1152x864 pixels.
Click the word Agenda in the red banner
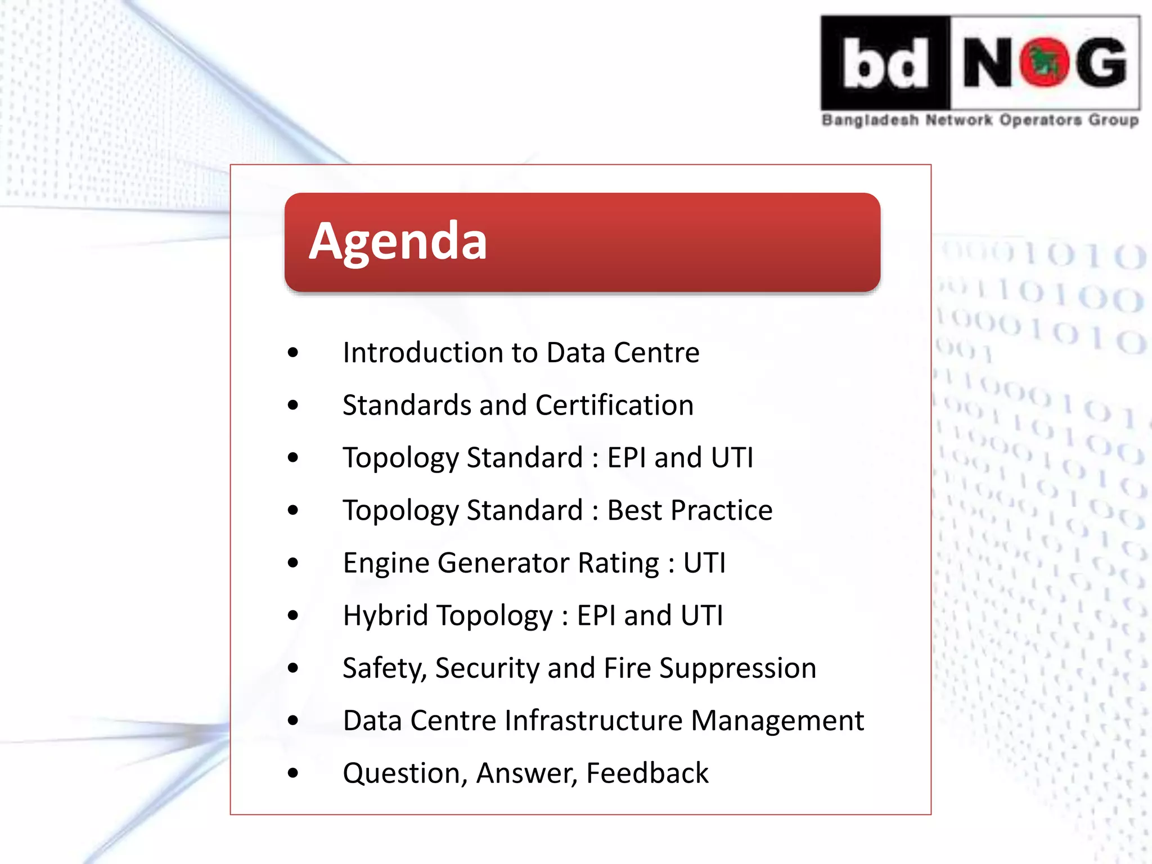point(398,241)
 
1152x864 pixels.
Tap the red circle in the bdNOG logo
point(1045,63)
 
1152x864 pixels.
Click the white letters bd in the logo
point(885,63)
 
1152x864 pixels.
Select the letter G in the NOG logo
point(1101,63)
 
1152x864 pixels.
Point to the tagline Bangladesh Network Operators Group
point(980,120)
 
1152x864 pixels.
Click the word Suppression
point(737,668)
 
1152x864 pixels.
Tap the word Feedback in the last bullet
point(647,773)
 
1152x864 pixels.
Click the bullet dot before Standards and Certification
point(292,405)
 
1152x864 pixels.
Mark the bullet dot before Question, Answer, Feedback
point(292,773)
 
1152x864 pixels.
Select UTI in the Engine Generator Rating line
point(704,563)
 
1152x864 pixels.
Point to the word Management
point(777,721)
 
